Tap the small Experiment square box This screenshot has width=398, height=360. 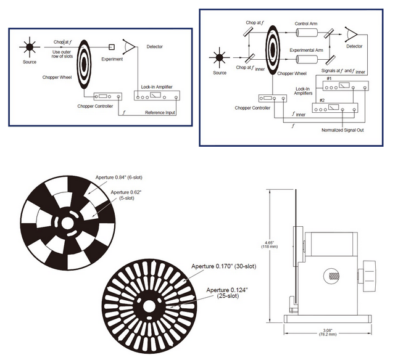click(x=112, y=47)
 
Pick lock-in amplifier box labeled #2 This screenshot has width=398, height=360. click(x=334, y=108)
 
